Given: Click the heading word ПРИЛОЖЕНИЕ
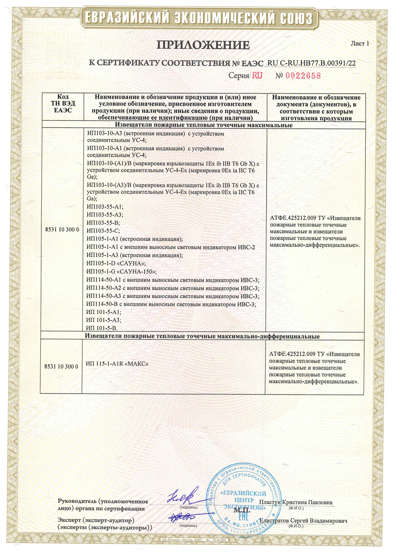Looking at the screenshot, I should (203, 45).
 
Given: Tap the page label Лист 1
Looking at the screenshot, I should (360, 44).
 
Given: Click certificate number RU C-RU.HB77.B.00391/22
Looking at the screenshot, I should (311, 63).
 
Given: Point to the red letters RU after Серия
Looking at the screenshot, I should (257, 75).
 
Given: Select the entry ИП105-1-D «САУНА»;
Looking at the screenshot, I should (116, 263).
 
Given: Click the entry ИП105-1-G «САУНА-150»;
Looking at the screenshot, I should (121, 272).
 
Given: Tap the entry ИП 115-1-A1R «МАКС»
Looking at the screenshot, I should (117, 364).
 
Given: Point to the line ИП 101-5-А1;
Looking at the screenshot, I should (104, 312).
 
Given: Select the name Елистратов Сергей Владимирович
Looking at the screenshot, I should (303, 521).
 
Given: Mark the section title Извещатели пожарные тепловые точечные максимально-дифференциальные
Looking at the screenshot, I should (202, 337).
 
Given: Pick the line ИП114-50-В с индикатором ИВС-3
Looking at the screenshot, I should (171, 304).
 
